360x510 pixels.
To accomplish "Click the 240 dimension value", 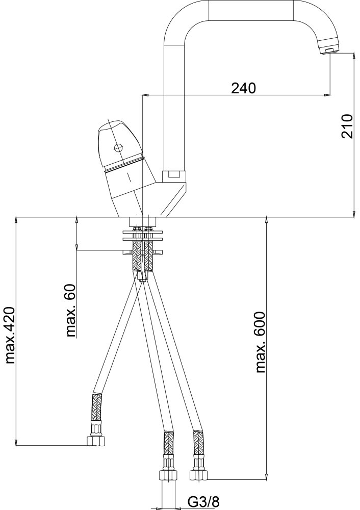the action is point(243,88).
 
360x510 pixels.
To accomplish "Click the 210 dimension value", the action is point(347,126).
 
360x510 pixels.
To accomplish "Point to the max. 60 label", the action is point(70,310).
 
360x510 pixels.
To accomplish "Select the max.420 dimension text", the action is point(10,335).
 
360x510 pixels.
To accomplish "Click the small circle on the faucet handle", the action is point(117,148).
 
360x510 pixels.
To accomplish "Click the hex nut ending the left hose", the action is point(96,441).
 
